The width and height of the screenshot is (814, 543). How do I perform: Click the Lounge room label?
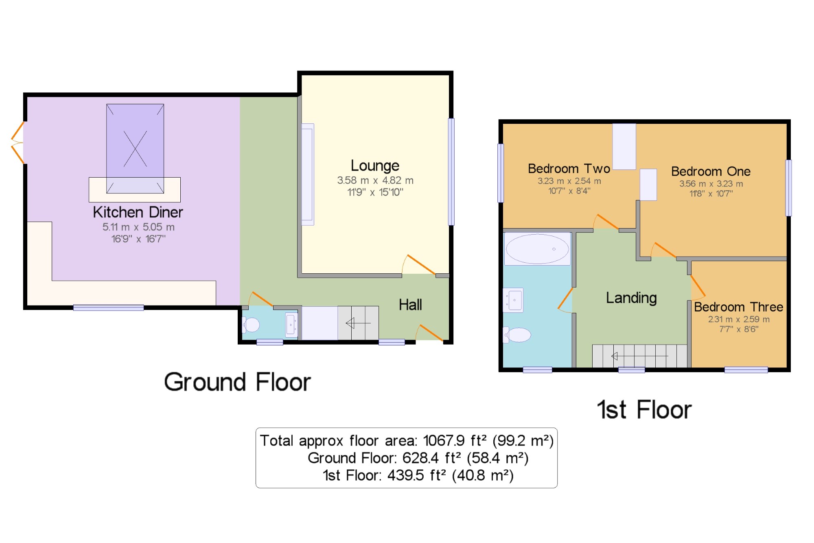coord(375,166)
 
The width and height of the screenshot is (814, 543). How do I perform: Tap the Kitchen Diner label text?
coord(138,212)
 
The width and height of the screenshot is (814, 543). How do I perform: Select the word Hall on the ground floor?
coord(410,305)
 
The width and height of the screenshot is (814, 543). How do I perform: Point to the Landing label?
coord(631,298)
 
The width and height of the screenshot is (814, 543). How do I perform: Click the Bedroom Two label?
coord(569,169)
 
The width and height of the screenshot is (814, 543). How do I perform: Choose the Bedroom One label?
coord(711,171)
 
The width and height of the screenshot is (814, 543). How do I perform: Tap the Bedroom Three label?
coord(738,307)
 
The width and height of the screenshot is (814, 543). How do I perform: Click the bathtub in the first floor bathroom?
coord(537,249)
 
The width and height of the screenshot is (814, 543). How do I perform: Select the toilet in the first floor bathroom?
coord(517,335)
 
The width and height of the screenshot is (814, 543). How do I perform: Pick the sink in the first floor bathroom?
coord(513,300)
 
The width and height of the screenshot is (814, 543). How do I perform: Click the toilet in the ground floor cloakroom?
coord(251,325)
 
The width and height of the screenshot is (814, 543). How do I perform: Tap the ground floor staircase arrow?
coord(358,323)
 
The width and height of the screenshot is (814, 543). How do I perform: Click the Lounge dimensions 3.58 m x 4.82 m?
coord(375,180)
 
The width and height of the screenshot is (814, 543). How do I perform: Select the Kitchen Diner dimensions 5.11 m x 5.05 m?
coord(138,227)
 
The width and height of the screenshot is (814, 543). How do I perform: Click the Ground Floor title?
coord(237,382)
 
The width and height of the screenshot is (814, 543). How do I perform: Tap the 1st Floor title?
coord(644,409)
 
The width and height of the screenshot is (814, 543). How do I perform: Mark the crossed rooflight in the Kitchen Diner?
coord(135,149)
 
